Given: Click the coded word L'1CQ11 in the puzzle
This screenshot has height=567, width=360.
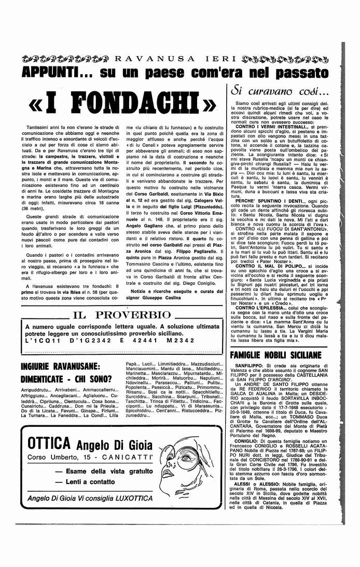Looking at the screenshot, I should [41, 340].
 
